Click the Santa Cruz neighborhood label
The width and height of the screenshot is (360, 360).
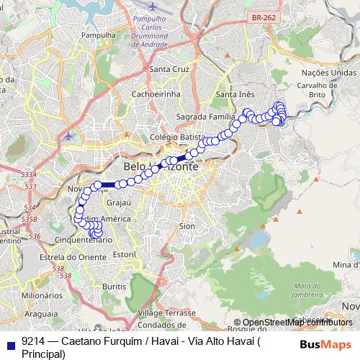click(x=168, y=69)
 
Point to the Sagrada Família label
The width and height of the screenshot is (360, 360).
click(x=207, y=117)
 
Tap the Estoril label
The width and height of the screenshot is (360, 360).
click(x=125, y=254)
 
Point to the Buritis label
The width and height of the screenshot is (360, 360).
click(x=113, y=286)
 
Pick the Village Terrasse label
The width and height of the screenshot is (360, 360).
click(x=167, y=315)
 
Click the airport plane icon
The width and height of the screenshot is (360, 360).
click(x=68, y=136)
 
